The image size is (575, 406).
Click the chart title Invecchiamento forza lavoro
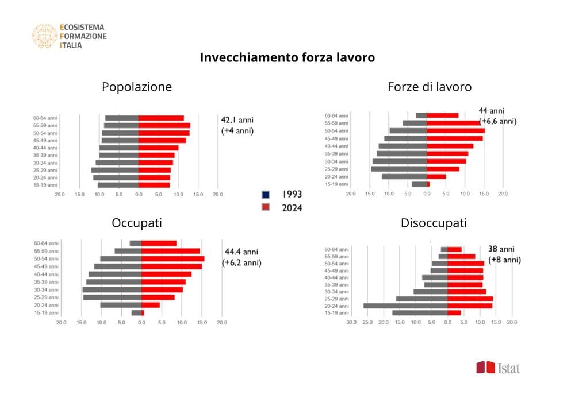click(287, 57)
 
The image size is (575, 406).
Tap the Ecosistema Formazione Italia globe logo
click(44, 36)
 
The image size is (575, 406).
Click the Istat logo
click(497, 368)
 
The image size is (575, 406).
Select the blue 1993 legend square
click(266, 195)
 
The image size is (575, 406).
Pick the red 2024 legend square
click(266, 207)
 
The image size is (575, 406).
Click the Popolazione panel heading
click(136, 87)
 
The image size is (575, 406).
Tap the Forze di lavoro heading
click(430, 87)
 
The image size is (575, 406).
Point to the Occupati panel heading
click(136, 223)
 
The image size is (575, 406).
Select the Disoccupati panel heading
click(434, 223)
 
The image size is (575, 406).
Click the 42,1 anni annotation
click(237, 120)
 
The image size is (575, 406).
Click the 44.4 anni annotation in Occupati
click(241, 252)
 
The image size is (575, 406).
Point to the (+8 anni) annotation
click(504, 260)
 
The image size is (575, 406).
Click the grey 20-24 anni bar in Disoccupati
click(405, 306)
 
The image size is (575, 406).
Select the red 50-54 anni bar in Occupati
click(172, 259)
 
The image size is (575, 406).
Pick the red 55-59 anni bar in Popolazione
click(164, 125)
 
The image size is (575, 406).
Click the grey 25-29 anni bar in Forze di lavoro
click(398, 169)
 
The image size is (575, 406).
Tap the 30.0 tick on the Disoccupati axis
click(351, 323)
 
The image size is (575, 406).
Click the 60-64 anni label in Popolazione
click(45, 118)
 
